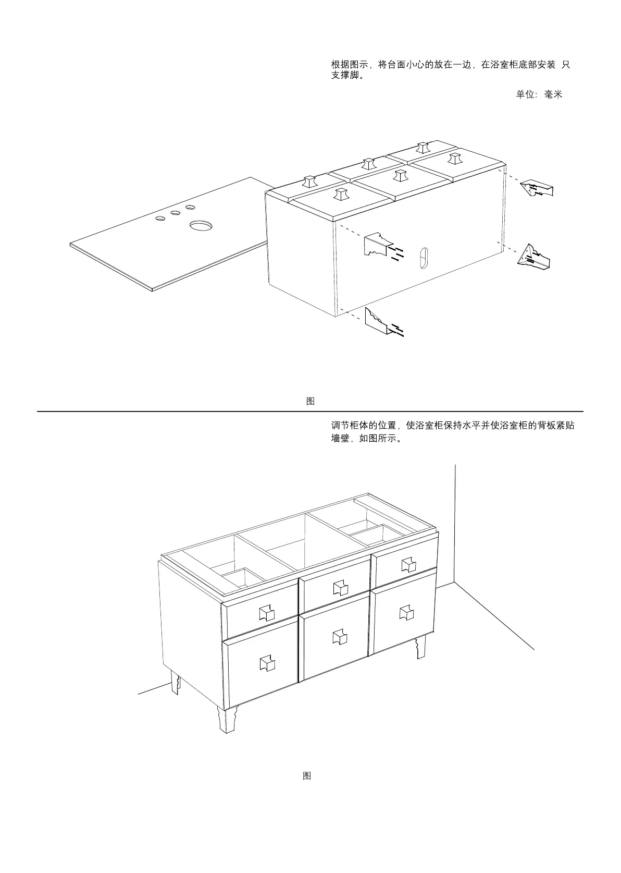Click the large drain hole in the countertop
pos(201,226)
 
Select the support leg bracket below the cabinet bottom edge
pos(376,321)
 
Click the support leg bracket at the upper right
pos(537,188)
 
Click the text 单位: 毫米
pos(539,95)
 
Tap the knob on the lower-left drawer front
pos(267,663)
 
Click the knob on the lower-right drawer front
pos(406,613)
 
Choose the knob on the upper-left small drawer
pos(266,613)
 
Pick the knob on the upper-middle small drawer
pos(341,588)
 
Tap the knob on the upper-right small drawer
pos(408,564)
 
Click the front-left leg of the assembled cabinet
pos(227,720)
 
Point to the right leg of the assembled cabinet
pos(420,647)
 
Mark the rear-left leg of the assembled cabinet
pos(175,683)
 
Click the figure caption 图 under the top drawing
pos(310,401)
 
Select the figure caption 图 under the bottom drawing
pos(307,775)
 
